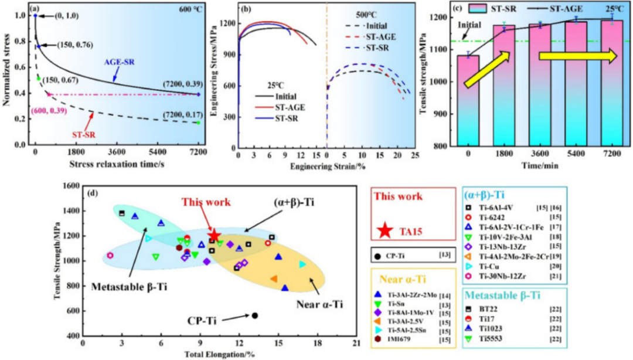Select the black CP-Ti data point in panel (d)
pyautogui.click(x=255, y=315)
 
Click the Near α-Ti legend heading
pyautogui.click(x=399, y=272)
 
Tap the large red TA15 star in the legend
pyautogui.click(x=384, y=230)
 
